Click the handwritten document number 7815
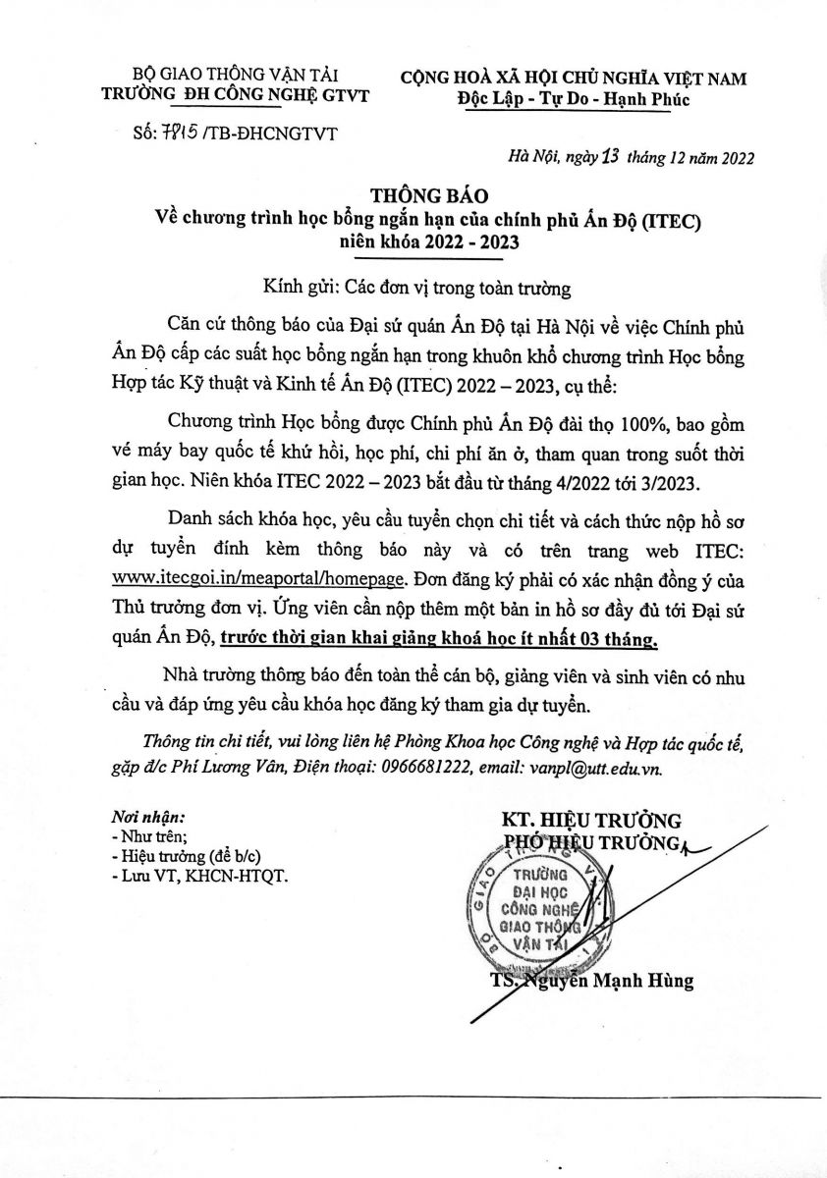coord(177,133)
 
